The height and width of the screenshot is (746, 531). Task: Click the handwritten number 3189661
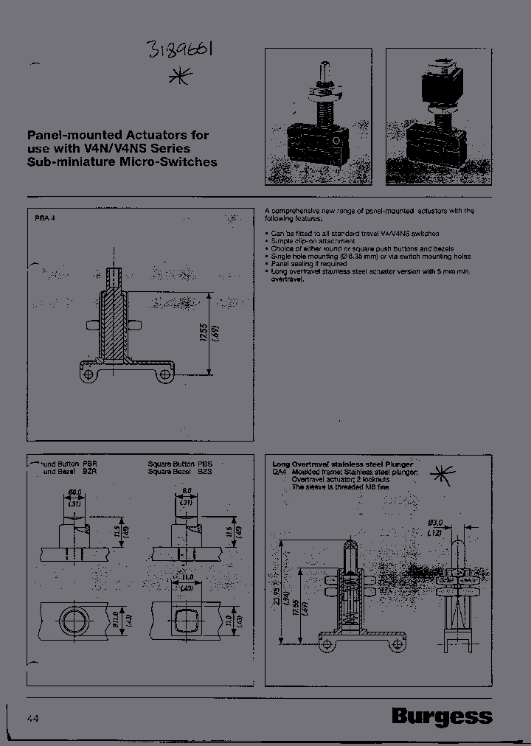180,52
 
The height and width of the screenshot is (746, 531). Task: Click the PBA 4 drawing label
45,219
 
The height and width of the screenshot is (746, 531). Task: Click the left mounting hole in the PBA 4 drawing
90,375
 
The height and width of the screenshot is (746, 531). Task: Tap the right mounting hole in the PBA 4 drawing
165,375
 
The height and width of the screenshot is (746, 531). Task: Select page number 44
33,719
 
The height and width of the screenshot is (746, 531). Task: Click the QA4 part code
280,471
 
